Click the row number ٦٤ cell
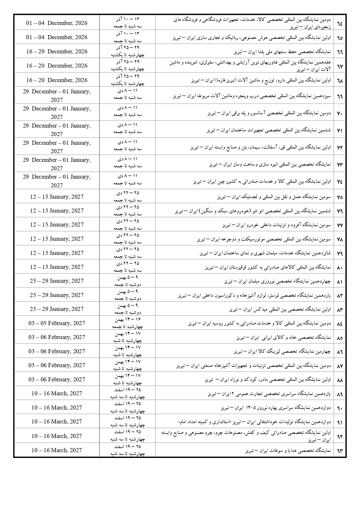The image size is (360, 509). pos(340,23)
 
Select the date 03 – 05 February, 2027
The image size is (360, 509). pos(57,323)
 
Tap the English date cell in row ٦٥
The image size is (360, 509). pos(57,37)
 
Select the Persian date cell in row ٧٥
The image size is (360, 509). pos(128,197)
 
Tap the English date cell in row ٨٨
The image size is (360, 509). pos(57,379)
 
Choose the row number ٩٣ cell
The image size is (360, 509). pos(340,450)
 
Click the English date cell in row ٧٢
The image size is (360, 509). pos(57,147)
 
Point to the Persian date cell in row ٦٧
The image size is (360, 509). pos(128,66)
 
